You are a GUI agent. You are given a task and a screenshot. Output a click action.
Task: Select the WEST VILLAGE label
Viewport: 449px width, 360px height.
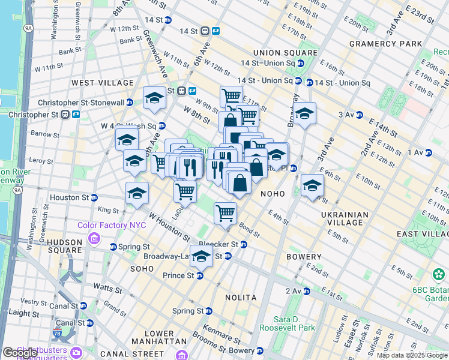coord(103,82)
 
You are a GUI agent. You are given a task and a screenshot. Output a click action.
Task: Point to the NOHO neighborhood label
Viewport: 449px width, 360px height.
coord(273,194)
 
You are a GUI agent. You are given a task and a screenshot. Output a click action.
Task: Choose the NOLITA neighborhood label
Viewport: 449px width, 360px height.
coord(241,298)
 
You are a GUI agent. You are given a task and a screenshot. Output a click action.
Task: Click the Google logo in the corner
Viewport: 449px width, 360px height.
coord(20,353)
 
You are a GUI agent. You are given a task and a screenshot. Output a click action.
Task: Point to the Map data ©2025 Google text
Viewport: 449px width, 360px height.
coord(412,355)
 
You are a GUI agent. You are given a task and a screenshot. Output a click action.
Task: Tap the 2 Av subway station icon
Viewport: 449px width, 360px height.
coord(307,291)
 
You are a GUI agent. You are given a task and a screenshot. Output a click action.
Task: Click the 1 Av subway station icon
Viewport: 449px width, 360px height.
coord(429,153)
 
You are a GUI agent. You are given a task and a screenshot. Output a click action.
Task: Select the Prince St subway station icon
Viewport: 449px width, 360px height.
coord(200,275)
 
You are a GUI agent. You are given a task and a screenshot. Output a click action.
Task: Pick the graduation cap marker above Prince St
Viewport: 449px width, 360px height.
coord(201,256)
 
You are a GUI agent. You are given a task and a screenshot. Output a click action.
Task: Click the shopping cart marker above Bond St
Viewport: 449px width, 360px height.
coord(225,212)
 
